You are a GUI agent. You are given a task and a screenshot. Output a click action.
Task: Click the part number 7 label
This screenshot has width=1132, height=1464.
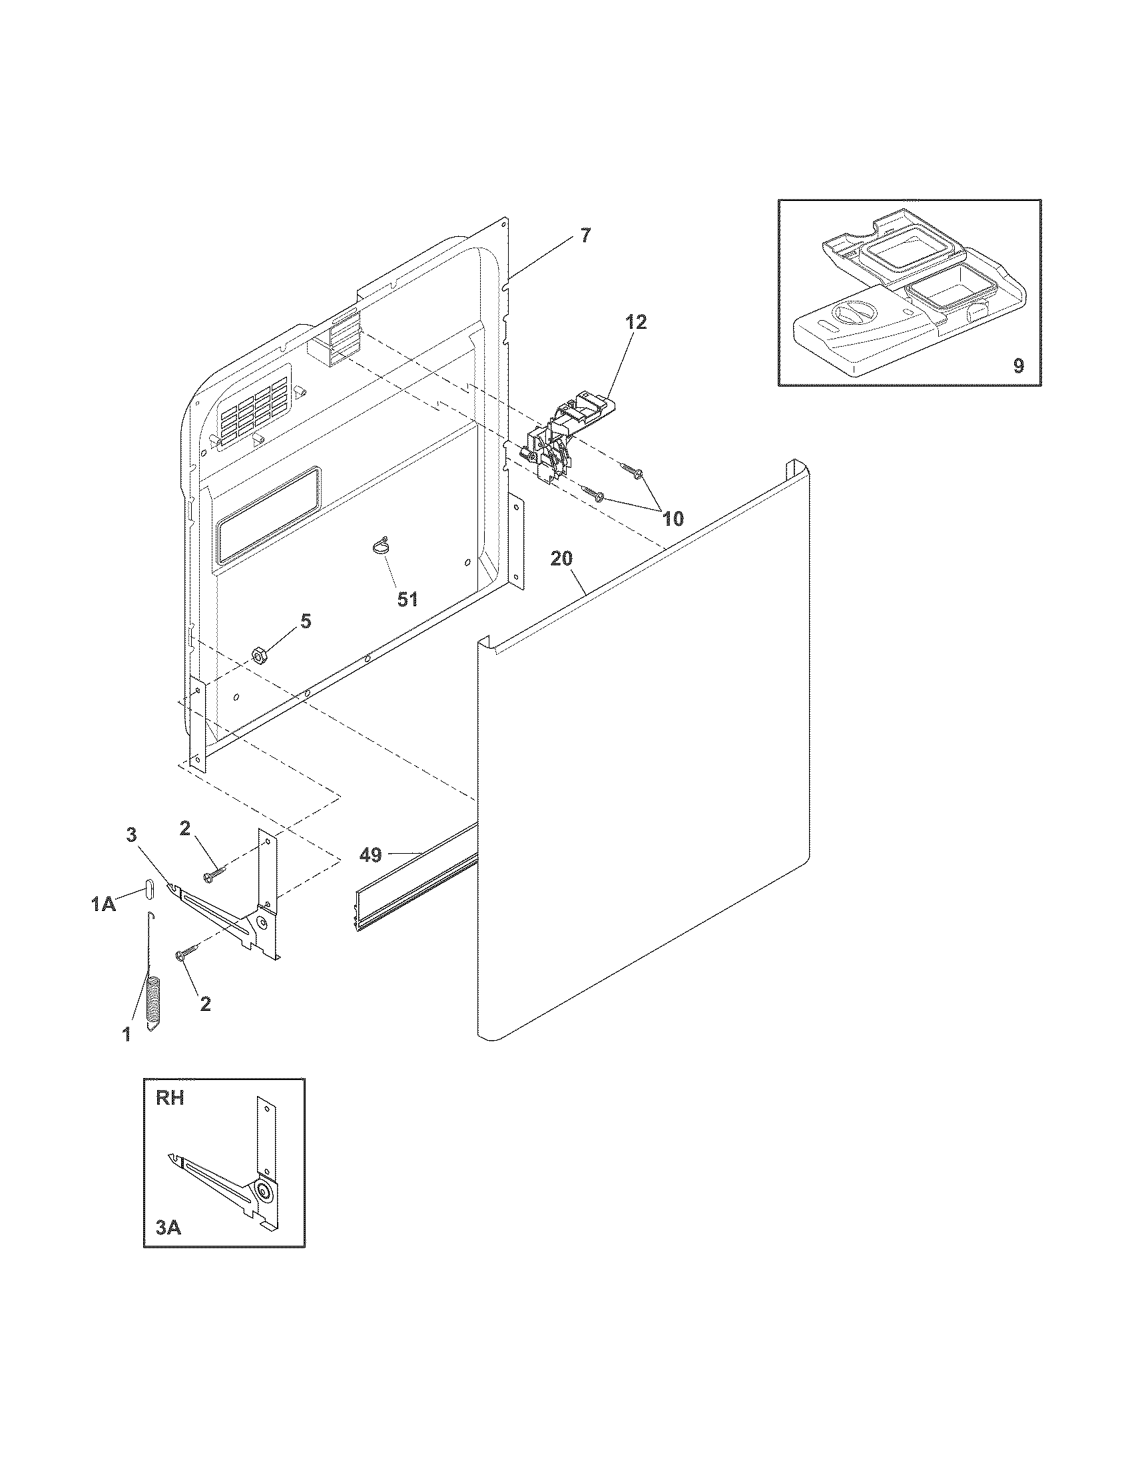pyautogui.click(x=586, y=236)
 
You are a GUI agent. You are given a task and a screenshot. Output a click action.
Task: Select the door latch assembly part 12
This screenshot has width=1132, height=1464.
pyautogui.click(x=563, y=436)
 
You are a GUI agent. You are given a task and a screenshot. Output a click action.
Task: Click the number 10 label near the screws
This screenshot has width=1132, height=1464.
pyautogui.click(x=673, y=518)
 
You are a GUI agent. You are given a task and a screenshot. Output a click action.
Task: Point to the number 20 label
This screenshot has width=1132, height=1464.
pyautogui.click(x=561, y=558)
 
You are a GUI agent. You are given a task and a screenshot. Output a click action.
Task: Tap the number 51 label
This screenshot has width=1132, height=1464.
pyautogui.click(x=407, y=599)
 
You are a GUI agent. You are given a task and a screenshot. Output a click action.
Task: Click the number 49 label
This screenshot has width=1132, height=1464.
pyautogui.click(x=371, y=854)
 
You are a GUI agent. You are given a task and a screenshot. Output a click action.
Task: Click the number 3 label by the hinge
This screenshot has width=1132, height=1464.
pyautogui.click(x=131, y=834)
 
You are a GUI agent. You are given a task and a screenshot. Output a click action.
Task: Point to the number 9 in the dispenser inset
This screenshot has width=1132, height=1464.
pyautogui.click(x=1018, y=365)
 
